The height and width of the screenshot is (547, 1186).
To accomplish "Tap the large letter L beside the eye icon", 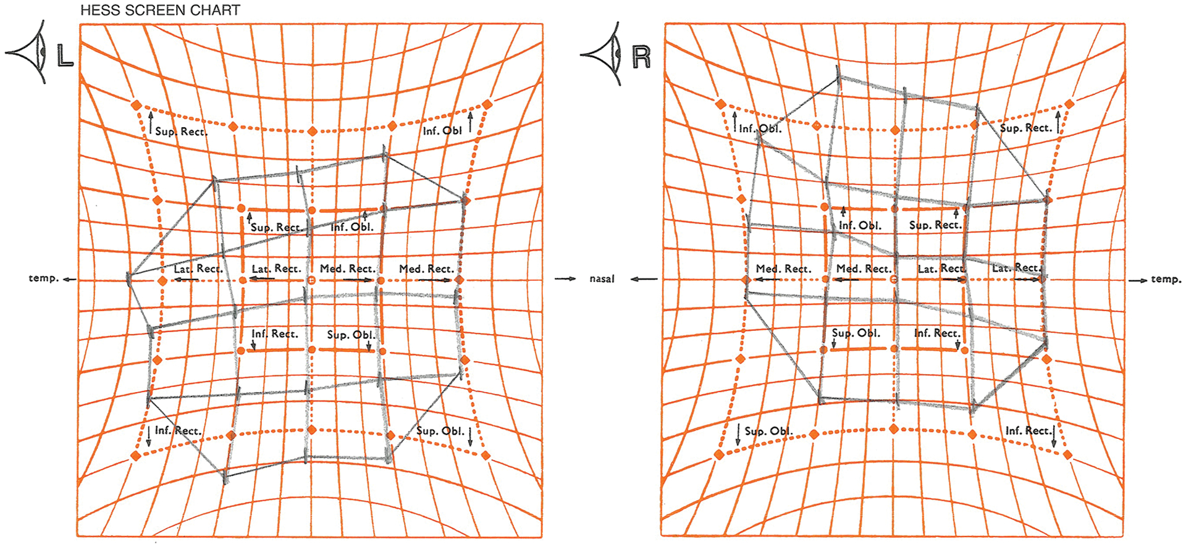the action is (x=65, y=56).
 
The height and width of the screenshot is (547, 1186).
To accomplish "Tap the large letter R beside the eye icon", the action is (x=642, y=57).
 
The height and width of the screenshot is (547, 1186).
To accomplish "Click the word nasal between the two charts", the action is (x=602, y=279).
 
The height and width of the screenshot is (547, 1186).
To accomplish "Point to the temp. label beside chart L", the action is (x=43, y=278).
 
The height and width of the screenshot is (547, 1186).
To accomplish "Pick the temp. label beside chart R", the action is (x=1166, y=280).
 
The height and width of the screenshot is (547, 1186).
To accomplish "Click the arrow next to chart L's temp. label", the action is (x=69, y=280).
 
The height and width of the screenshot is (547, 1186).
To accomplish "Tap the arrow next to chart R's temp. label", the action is (x=1138, y=280).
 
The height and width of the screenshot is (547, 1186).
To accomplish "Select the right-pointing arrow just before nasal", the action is (x=565, y=279).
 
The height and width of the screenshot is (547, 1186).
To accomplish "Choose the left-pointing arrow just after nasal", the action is (x=644, y=279).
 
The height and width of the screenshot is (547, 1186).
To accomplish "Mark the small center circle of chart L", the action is (x=311, y=281).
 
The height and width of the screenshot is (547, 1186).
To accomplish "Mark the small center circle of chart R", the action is (x=894, y=280).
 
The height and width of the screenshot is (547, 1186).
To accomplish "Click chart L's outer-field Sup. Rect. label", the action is (x=181, y=132).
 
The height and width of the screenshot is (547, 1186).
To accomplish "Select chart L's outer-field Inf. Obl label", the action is (x=442, y=131).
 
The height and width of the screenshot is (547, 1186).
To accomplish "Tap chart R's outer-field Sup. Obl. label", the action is (x=768, y=431).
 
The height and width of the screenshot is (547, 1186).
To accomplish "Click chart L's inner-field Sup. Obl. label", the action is (x=351, y=335).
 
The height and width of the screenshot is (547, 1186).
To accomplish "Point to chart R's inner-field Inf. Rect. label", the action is (x=937, y=333).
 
